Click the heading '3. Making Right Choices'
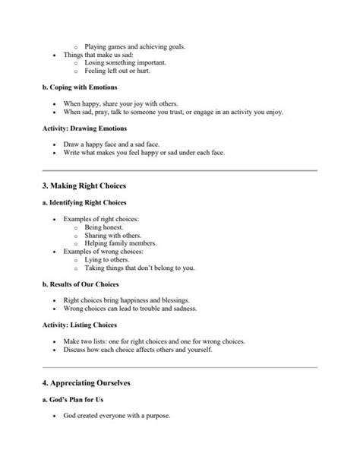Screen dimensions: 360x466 (84, 185)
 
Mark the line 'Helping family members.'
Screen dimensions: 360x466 (120, 243)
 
